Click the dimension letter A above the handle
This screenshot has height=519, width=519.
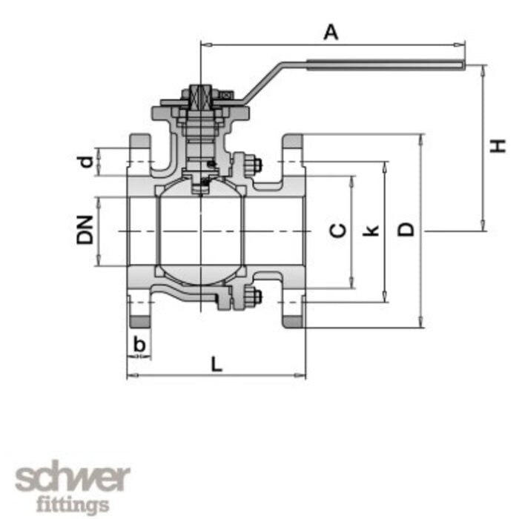point(331,32)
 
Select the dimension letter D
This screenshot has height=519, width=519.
point(406,230)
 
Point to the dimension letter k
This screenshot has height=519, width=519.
point(372,230)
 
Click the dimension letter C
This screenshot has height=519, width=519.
point(338,231)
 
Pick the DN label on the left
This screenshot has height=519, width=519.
point(85,230)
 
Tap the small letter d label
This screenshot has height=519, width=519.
point(87,161)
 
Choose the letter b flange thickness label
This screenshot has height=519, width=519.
point(139,343)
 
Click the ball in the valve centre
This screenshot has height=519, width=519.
point(200,230)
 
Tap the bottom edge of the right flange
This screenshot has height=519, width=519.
point(293,326)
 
